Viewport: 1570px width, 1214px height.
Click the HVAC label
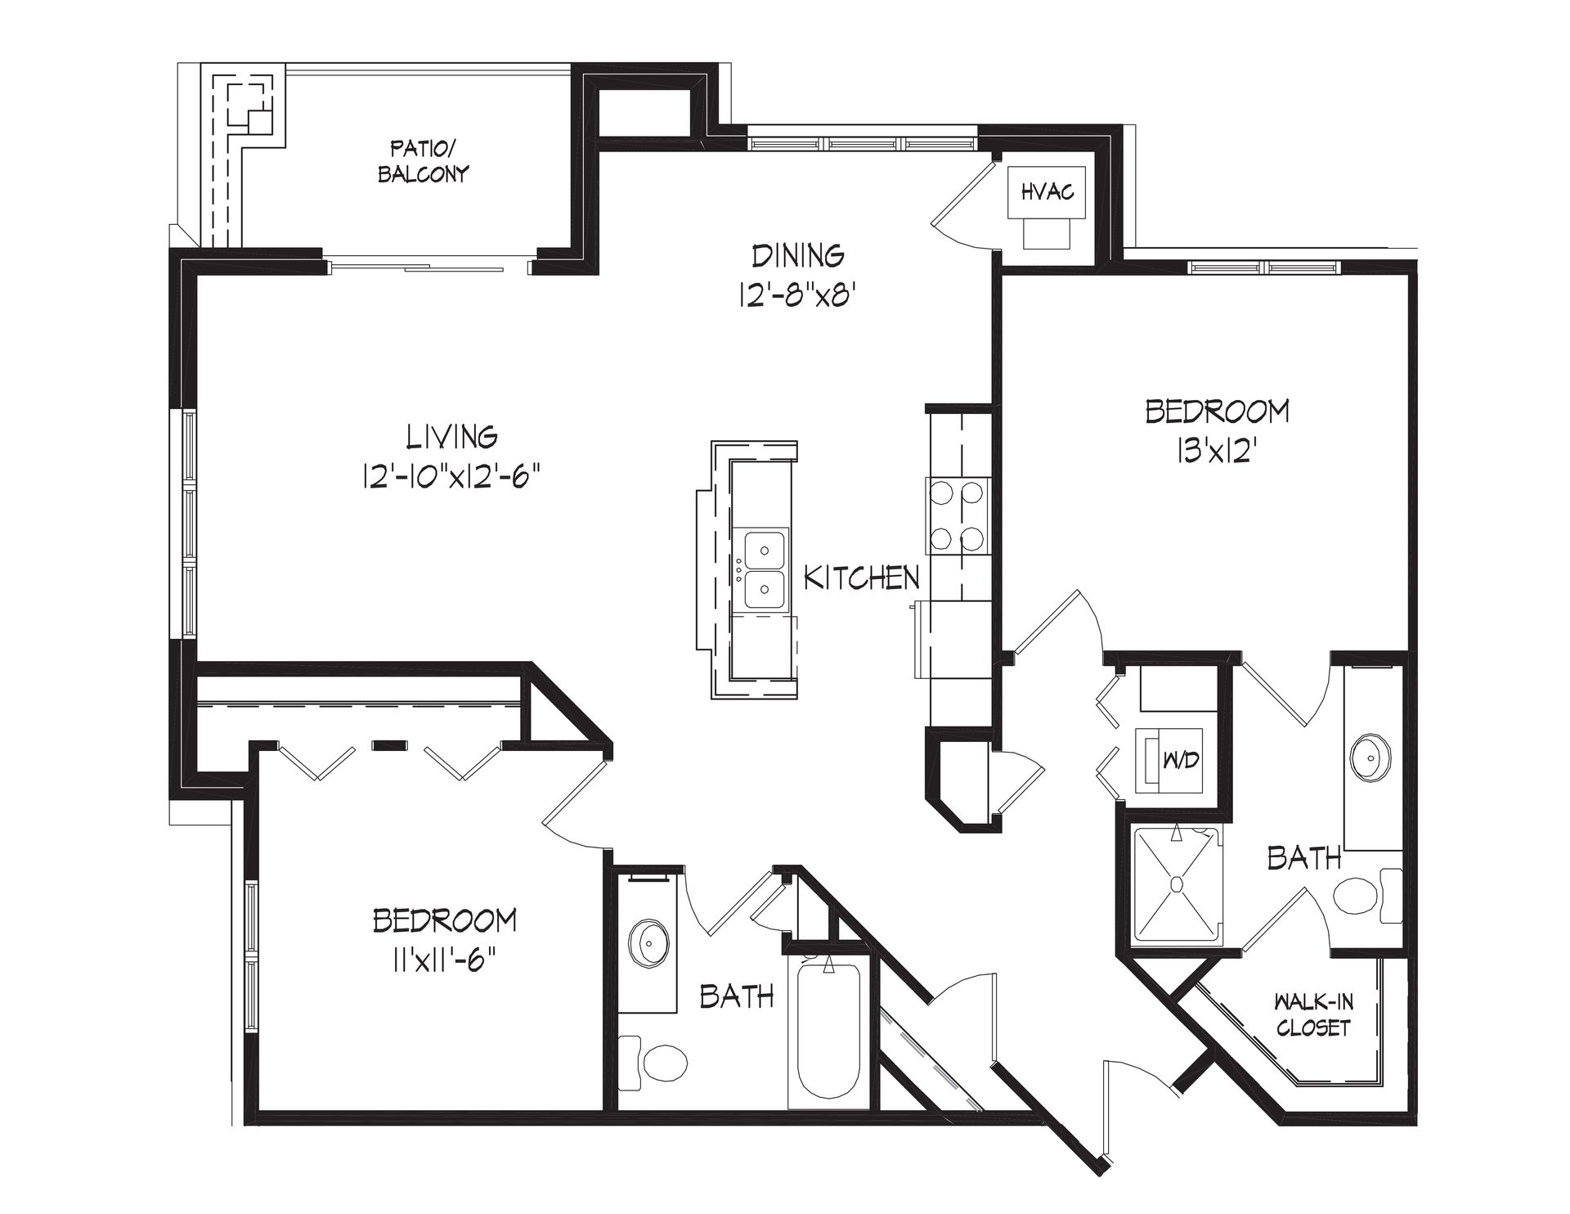1047,193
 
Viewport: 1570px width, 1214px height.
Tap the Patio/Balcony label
423,162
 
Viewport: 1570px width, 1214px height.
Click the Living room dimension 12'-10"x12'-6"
453,475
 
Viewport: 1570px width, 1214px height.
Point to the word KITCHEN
862,578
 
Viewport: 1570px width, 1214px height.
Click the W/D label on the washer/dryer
1181,760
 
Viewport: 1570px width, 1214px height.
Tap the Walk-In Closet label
1312,1015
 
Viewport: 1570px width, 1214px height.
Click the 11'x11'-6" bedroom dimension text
445,958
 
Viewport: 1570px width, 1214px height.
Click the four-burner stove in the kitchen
958,516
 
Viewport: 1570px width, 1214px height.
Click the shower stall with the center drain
1177,886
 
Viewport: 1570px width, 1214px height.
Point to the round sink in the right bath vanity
1370,758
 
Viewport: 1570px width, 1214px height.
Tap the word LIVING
453,436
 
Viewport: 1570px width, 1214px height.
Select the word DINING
799,256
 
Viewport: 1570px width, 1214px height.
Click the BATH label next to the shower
1304,857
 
